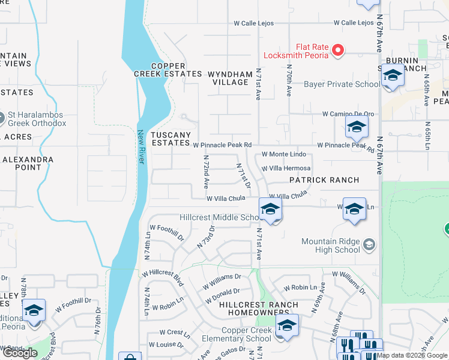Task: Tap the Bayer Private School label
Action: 342,85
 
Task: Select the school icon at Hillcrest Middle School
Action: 271,209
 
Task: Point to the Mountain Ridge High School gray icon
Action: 369,244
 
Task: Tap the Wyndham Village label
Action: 230,79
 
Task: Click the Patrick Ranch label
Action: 324,180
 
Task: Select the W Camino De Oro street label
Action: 348,114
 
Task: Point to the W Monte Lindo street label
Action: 284,155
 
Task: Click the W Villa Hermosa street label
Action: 286,169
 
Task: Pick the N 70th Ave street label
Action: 289,81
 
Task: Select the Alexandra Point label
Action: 28,164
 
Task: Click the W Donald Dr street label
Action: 223,295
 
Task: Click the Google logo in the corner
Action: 20,353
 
